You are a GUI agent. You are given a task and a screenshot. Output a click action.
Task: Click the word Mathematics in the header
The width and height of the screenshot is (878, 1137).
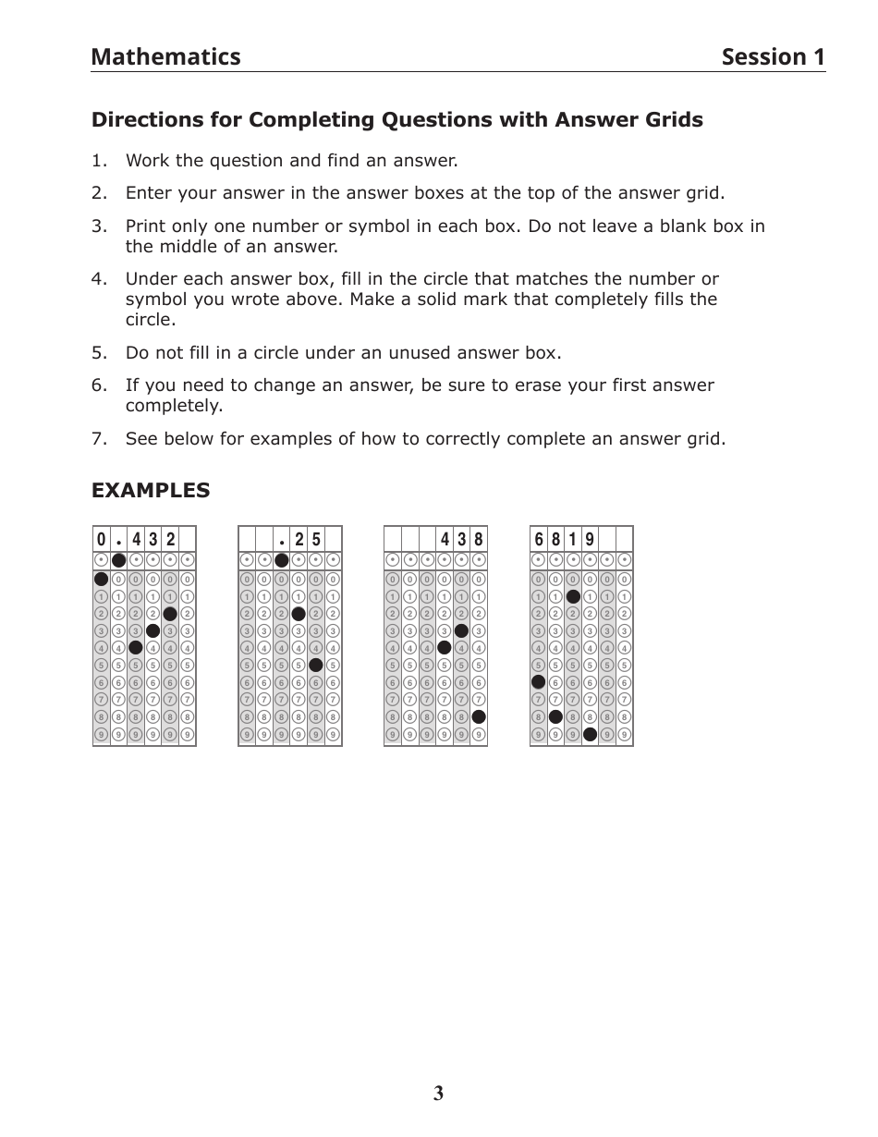pyautogui.click(x=165, y=57)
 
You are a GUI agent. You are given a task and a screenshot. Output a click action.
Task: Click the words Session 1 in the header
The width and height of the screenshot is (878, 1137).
pyautogui.click(x=773, y=57)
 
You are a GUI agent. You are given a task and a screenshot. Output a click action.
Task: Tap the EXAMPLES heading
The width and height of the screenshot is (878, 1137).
pyautogui.click(x=151, y=491)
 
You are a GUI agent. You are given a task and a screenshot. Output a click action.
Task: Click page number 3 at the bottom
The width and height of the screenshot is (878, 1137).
pyautogui.click(x=438, y=1094)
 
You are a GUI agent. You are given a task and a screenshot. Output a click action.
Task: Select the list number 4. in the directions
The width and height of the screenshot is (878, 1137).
pyautogui.click(x=100, y=279)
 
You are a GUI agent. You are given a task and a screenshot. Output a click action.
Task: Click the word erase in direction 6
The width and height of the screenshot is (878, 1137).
pyautogui.click(x=520, y=385)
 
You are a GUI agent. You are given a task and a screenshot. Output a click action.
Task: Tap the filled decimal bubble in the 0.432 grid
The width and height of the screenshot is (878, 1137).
pyautogui.click(x=118, y=560)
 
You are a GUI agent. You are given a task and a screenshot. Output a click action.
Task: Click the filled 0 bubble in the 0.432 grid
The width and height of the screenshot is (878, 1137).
pyautogui.click(x=101, y=579)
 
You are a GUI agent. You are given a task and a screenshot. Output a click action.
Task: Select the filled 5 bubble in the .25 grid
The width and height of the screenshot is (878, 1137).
pyautogui.click(x=316, y=665)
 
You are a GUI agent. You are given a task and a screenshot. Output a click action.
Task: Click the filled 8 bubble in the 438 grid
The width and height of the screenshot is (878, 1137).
pyautogui.click(x=479, y=716)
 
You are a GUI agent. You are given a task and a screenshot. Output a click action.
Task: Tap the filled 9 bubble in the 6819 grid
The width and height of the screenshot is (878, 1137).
pyautogui.click(x=591, y=735)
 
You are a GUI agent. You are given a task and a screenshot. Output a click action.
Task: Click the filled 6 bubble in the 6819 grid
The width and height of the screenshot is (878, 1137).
pyautogui.click(x=539, y=682)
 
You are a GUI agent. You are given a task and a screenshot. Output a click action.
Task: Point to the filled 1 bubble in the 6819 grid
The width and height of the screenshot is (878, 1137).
pyautogui.click(x=573, y=596)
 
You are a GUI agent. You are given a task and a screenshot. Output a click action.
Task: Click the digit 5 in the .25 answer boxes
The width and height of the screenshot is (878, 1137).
pyautogui.click(x=316, y=539)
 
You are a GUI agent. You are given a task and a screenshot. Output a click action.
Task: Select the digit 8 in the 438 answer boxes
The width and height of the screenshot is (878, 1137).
pyautogui.click(x=479, y=539)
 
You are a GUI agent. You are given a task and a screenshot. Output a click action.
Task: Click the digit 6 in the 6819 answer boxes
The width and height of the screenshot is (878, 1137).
pyautogui.click(x=539, y=539)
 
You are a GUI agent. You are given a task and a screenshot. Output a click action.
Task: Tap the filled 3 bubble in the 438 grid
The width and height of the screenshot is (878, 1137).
pyautogui.click(x=461, y=630)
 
